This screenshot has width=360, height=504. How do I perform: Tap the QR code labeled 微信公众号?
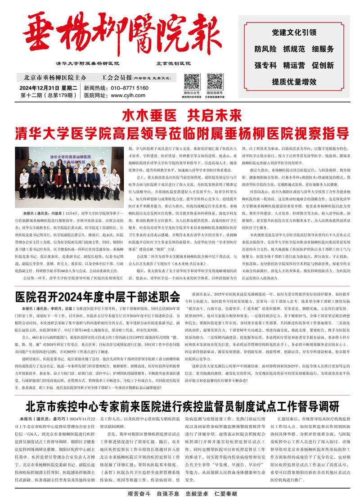click(x=192, y=81)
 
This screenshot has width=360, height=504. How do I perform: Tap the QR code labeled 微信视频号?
click(x=215, y=81)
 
